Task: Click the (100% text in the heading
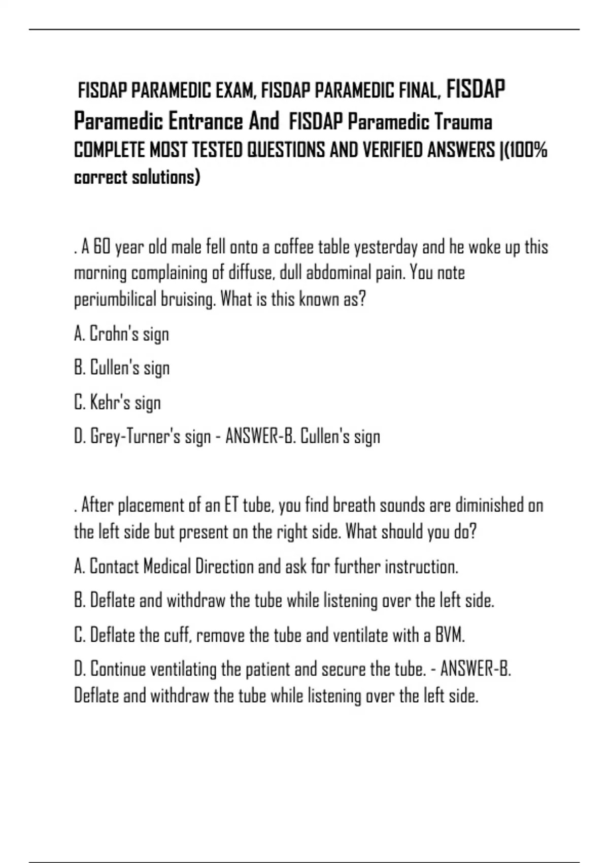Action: [526, 150]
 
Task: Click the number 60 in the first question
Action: [102, 247]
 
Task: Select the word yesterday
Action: [386, 247]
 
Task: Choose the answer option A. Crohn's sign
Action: [121, 334]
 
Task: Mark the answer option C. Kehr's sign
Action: [117, 403]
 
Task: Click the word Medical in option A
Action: [167, 567]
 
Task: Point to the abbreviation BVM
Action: [450, 635]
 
